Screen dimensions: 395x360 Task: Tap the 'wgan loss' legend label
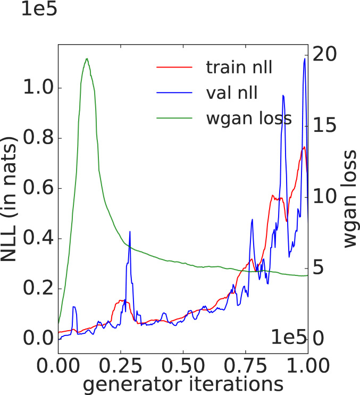coord(249,118)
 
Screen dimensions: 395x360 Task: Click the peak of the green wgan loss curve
coord(87,58)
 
